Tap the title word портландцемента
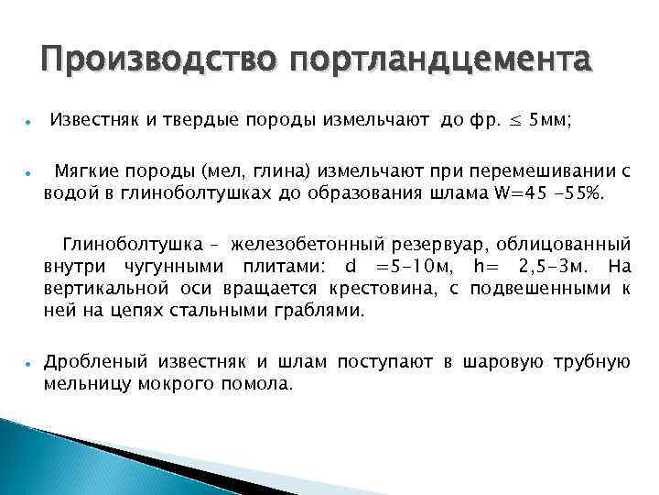click(440, 63)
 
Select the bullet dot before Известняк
click(30, 121)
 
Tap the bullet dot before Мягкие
click(30, 171)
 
